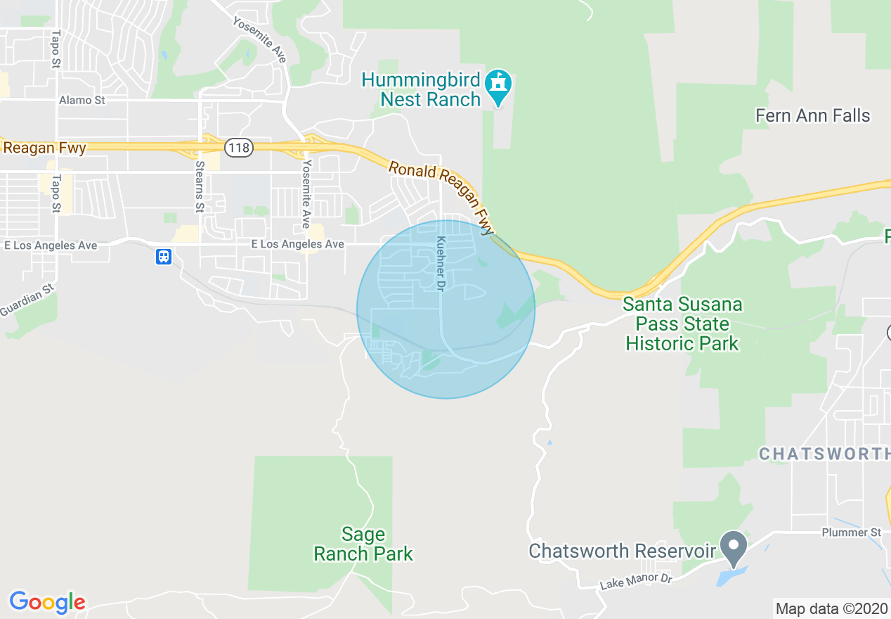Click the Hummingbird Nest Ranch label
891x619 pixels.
(x=420, y=89)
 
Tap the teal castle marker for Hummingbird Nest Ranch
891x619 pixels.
(x=499, y=86)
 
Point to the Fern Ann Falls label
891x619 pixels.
(x=812, y=115)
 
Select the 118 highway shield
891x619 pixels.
(x=238, y=148)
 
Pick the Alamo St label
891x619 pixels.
(x=82, y=101)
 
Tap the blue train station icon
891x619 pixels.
(x=164, y=257)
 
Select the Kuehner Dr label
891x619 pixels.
(x=441, y=264)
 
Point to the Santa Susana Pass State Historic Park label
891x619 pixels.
(x=682, y=324)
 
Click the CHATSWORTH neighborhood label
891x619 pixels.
(x=824, y=454)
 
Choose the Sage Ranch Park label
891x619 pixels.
(x=363, y=544)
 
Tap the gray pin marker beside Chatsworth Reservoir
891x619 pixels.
(x=734, y=547)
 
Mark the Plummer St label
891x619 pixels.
(x=851, y=532)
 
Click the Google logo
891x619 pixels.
(x=47, y=602)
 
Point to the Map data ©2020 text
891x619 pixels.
(x=831, y=608)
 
